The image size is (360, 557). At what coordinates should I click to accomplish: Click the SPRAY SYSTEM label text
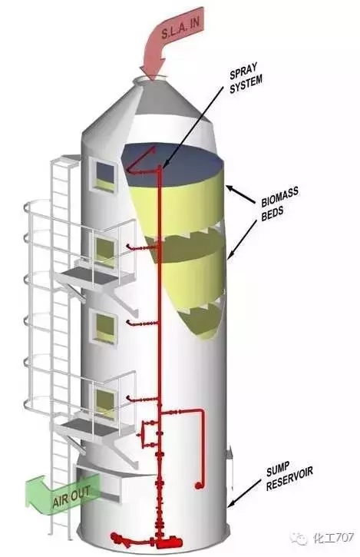pyautogui.click(x=246, y=78)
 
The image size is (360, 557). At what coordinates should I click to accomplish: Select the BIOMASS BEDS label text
pyautogui.click(x=279, y=203)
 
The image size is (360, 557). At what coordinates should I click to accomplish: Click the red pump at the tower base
pyautogui.click(x=168, y=543)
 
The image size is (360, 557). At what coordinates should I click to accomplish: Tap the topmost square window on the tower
pyautogui.click(x=104, y=176)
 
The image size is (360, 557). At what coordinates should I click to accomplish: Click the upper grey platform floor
pyautogui.click(x=96, y=275)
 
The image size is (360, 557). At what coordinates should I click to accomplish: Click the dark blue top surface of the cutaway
pyautogui.click(x=174, y=164)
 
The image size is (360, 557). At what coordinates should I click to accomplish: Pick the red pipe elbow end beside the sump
pyautogui.click(x=200, y=486)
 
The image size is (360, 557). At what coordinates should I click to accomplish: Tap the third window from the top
pyautogui.click(x=104, y=327)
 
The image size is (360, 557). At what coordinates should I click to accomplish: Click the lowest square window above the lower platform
pyautogui.click(x=105, y=403)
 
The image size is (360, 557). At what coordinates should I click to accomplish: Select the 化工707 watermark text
pyautogui.click(x=333, y=538)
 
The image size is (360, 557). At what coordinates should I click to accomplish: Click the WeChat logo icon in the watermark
pyautogui.click(x=299, y=538)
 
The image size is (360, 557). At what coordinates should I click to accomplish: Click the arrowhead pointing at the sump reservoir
pyautogui.click(x=231, y=504)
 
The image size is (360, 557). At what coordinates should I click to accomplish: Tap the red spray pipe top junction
pyautogui.click(x=159, y=170)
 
